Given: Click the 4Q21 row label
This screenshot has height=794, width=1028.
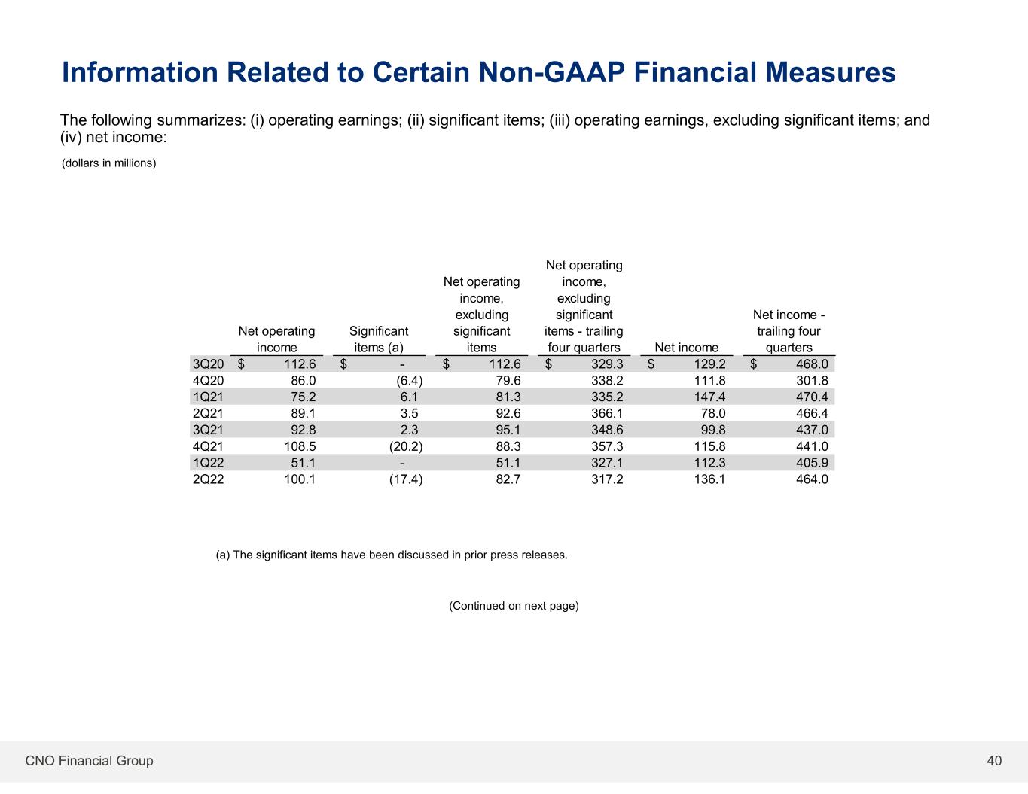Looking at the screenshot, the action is click(x=208, y=446).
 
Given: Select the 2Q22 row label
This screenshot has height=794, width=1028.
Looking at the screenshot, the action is click(x=208, y=479).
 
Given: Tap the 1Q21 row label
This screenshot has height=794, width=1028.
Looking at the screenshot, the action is click(x=208, y=397).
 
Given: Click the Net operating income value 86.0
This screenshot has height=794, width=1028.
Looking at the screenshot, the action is click(x=304, y=381).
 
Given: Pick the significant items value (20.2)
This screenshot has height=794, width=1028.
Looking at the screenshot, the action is click(x=406, y=446).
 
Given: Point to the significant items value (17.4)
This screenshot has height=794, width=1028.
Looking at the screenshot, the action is click(x=406, y=479).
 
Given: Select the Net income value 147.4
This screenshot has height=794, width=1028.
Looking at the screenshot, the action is click(x=709, y=397).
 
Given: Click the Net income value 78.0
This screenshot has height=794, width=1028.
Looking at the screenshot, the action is click(x=713, y=413).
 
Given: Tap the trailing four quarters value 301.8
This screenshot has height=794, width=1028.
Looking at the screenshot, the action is click(x=812, y=381).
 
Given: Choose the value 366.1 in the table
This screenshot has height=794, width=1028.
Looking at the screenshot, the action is click(x=607, y=413).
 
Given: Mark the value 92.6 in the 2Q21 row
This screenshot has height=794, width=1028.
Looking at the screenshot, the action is click(x=508, y=413).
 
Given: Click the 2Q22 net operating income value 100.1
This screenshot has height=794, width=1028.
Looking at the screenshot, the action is click(x=300, y=479).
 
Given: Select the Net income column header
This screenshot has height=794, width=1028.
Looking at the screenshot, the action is click(x=686, y=348).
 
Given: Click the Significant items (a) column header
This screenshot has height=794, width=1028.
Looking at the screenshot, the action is click(x=379, y=339).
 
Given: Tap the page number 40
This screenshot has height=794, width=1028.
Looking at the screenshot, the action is click(x=994, y=761).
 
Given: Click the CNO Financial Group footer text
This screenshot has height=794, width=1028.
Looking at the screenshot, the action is click(x=89, y=761).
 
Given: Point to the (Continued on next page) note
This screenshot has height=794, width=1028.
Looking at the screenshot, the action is click(x=514, y=606).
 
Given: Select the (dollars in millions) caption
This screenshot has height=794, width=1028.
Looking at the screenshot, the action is click(x=108, y=163).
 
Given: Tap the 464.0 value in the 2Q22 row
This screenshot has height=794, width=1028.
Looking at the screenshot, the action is click(x=812, y=479).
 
